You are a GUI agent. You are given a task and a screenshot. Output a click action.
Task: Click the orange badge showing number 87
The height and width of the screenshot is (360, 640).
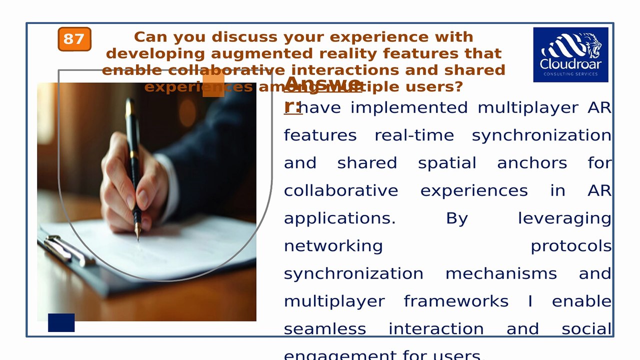point(74,39)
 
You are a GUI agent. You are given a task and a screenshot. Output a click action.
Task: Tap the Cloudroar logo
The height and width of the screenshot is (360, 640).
point(570,54)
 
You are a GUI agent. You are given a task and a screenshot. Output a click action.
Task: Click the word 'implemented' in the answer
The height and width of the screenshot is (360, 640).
point(409,107)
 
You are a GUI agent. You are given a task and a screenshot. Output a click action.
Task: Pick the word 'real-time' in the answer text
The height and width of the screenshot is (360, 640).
point(414,135)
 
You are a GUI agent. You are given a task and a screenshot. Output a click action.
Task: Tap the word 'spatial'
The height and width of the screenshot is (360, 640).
point(447,163)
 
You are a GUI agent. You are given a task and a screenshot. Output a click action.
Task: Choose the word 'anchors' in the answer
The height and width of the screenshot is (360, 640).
point(532,163)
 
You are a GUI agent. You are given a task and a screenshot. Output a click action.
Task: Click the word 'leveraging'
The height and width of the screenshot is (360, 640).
point(564,218)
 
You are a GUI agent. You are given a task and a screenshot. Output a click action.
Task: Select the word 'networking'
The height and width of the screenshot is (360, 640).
point(333,246)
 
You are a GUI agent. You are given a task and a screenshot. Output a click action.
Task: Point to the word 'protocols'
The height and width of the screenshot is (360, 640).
point(570,246)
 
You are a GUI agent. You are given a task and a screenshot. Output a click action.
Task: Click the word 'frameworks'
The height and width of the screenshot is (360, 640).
point(456,301)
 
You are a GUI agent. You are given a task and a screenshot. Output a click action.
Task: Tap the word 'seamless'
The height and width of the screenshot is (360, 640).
point(325,329)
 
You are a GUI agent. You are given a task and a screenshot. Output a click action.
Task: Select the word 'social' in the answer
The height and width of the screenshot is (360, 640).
point(586,329)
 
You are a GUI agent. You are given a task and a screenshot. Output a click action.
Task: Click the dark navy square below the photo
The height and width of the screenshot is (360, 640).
point(61,322)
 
